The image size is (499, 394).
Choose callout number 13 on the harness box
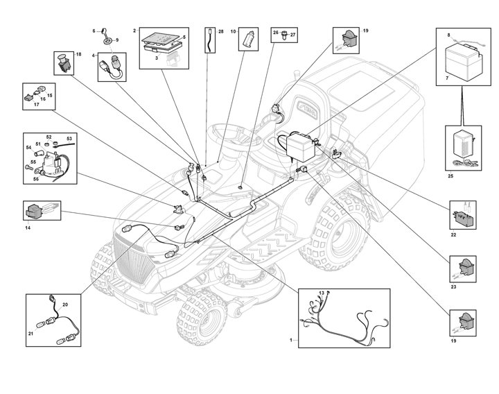pyautogui.click(x=322, y=293)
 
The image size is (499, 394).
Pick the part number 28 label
pyautogui.click(x=220, y=32)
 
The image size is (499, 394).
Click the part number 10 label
pyautogui.click(x=233, y=32)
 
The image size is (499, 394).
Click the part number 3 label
pyautogui.click(x=157, y=60)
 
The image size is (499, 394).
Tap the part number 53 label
pyautogui.click(x=69, y=139)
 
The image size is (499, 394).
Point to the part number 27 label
pyautogui.click(x=292, y=33)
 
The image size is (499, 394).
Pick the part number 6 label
pyautogui.click(x=95, y=31)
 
